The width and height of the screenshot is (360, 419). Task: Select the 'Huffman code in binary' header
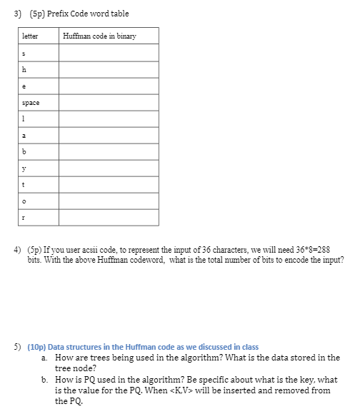(99, 36)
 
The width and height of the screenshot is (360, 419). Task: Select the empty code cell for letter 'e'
(109, 86)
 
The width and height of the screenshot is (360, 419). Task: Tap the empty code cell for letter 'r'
(109, 217)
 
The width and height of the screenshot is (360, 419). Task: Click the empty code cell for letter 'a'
(109, 135)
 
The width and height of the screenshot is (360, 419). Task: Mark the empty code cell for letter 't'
(109, 184)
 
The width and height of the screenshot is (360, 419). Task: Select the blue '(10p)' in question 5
(36, 346)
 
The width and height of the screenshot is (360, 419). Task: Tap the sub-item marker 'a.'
(45, 357)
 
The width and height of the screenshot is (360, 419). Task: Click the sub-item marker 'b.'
(45, 380)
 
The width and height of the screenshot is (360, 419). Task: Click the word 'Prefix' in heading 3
(59, 14)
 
